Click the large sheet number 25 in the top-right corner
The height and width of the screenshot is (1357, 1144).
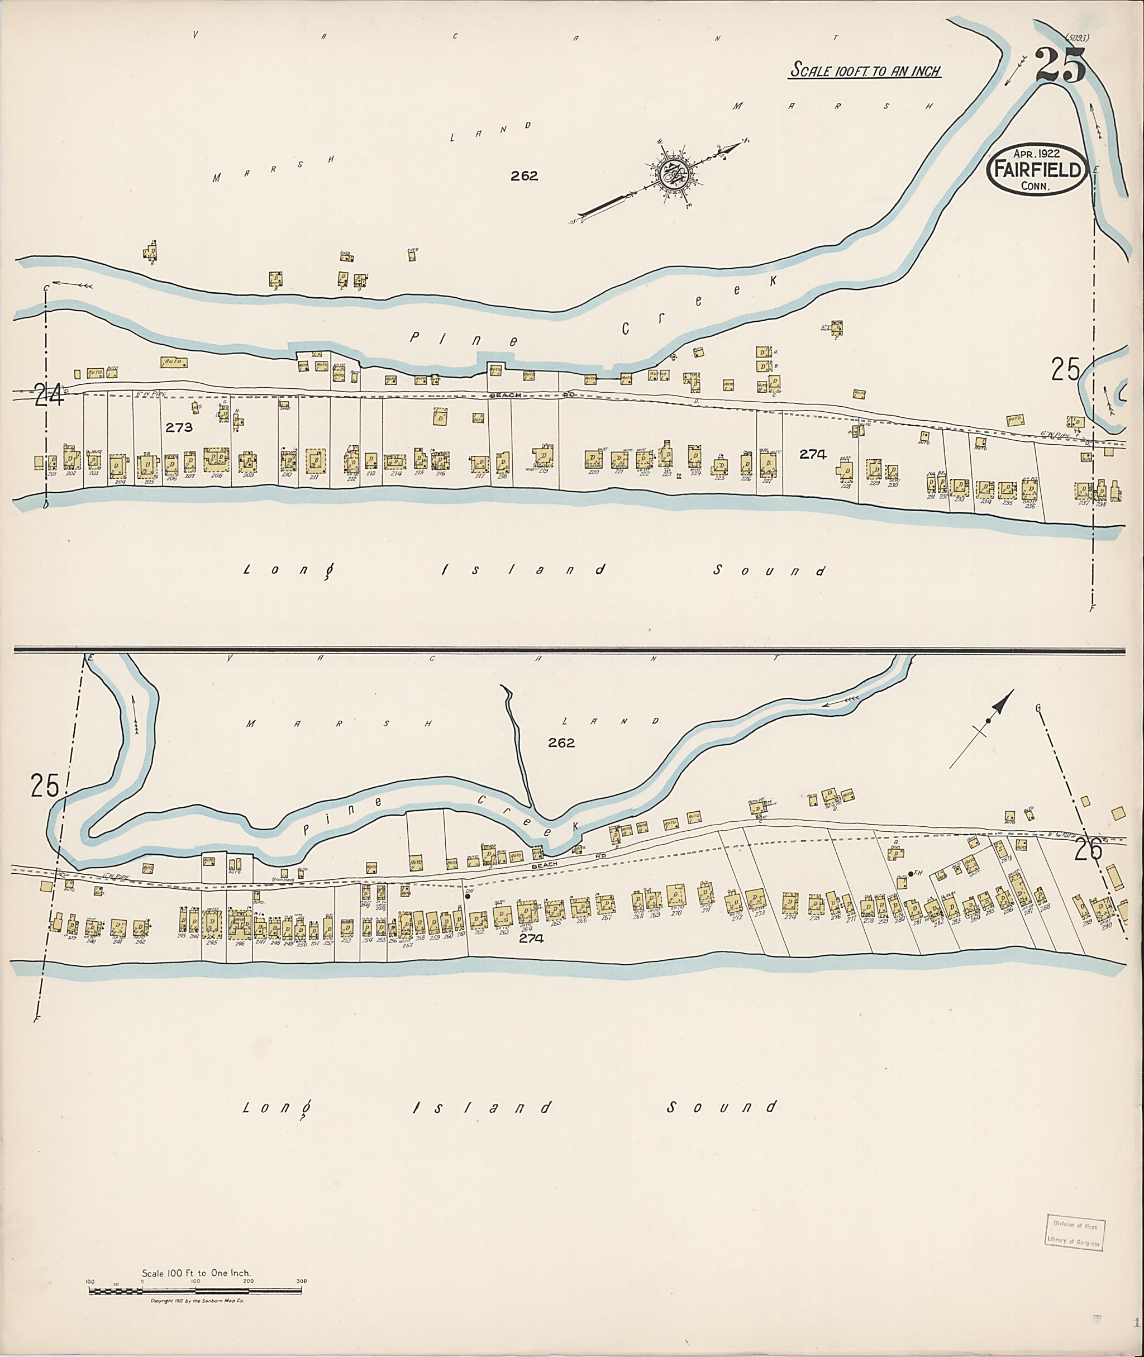click(x=1060, y=67)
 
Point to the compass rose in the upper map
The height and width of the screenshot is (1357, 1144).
click(x=674, y=173)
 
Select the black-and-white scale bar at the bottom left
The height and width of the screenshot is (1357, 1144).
click(x=194, y=1290)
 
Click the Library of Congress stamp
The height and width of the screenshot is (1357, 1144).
click(x=1075, y=1232)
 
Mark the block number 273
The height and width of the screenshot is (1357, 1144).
click(x=179, y=427)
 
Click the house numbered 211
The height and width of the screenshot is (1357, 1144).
click(x=316, y=461)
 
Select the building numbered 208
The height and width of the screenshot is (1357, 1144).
click(x=217, y=460)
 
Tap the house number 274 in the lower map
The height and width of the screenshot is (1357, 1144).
click(x=790, y=901)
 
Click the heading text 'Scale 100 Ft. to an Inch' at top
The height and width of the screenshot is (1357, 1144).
click(x=865, y=70)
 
